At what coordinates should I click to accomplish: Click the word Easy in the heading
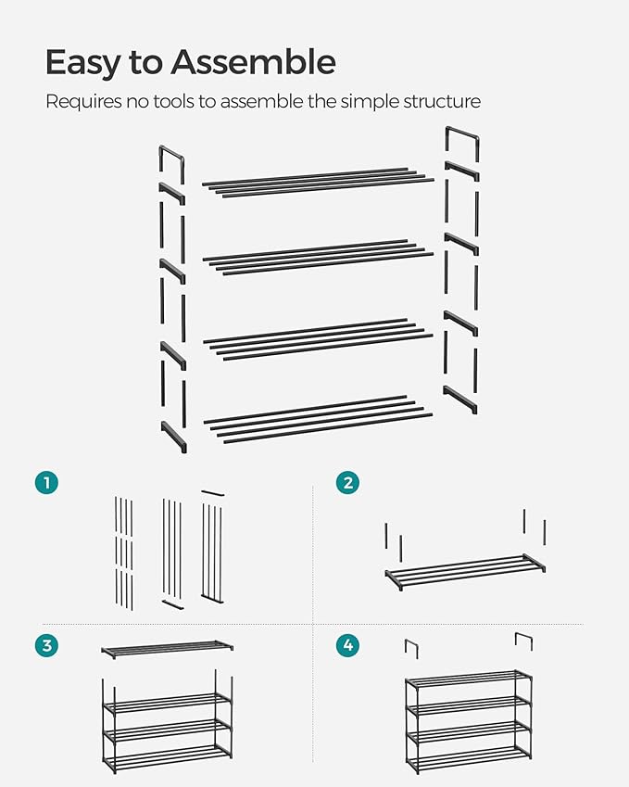(82, 62)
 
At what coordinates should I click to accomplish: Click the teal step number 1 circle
(46, 482)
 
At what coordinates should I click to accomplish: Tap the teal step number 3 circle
(46, 646)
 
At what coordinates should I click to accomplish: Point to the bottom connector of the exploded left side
(173, 437)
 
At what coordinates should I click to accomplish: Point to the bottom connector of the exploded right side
(460, 399)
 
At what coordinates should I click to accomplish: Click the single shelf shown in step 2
(466, 570)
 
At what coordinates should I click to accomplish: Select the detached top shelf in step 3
(168, 650)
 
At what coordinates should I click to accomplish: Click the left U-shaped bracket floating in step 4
(411, 648)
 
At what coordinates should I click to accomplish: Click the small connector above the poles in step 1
(212, 492)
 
